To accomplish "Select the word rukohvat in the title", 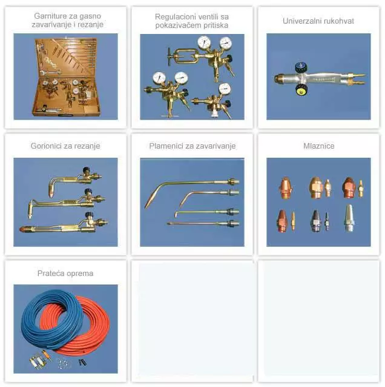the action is (339, 21).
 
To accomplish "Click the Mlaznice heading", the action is (319, 146).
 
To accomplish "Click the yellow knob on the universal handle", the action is (301, 90).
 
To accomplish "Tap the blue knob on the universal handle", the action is (301, 67).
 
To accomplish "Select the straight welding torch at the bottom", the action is (203, 224).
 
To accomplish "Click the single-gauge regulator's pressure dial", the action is (225, 89).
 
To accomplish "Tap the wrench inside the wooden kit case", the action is (50, 72).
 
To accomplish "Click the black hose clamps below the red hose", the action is (83, 362).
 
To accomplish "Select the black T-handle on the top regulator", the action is (169, 56).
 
